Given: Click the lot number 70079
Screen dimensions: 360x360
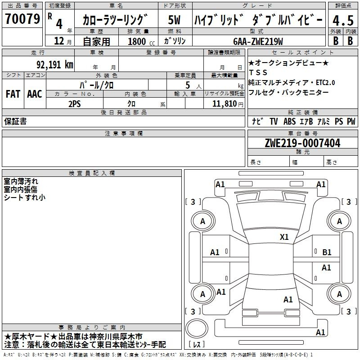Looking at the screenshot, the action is [22, 19].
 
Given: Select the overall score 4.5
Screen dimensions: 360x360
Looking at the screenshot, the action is [343, 21].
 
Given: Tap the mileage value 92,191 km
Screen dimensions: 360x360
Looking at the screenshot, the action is [55, 65].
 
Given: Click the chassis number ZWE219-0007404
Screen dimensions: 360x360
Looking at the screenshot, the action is [302, 143].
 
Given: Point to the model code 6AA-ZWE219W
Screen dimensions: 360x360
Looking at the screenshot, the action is [258, 41].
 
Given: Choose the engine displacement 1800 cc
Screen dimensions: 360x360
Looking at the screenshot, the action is [141, 41].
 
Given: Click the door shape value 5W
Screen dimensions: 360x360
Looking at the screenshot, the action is [174, 20].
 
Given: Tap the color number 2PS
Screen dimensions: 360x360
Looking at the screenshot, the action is [75, 104].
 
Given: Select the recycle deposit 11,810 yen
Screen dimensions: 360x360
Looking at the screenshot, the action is [228, 104].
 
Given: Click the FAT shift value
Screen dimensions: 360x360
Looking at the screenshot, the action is [13, 94].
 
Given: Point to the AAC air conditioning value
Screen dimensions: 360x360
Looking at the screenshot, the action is [35, 94].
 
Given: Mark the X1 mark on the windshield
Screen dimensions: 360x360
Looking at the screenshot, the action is [284, 237].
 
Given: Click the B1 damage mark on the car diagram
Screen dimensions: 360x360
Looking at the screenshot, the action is [327, 252].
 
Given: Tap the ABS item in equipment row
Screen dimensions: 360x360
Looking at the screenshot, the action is [289, 121].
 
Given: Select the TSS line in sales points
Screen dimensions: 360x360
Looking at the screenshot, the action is [258, 72].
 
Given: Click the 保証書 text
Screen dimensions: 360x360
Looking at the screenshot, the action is [15, 121].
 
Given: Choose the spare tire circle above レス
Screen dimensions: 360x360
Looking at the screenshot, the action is [197, 328].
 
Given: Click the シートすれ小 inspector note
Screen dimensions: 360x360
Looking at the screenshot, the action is [25, 198].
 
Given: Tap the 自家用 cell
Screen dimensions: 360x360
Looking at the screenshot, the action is [96, 41].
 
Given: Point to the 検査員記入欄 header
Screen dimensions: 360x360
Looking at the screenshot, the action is [92, 173].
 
